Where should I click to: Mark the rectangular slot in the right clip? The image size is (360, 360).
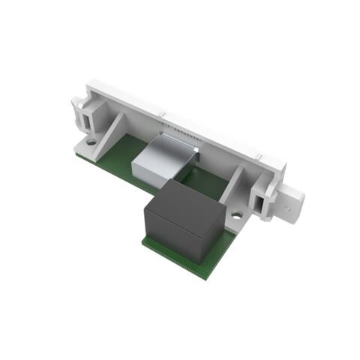(x=262, y=202)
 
